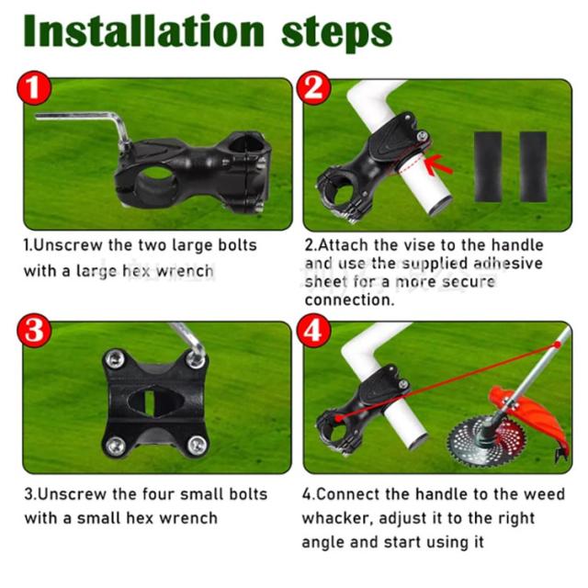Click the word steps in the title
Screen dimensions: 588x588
coord(336,33)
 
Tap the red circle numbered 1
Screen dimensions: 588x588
coord(34,88)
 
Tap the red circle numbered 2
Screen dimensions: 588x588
coord(313,88)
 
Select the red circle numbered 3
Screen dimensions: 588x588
coord(34,331)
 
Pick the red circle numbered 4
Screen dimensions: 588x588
coord(313,331)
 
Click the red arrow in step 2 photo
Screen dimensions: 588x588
coord(437,165)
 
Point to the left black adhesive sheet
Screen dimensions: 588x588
coord(488,167)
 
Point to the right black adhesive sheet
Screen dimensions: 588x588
coord(533,167)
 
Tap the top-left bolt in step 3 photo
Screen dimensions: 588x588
coord(114,359)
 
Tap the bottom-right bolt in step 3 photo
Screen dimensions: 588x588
coord(197,445)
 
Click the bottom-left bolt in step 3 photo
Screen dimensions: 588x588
coord(114,446)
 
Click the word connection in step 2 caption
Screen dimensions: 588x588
coord(349,300)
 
